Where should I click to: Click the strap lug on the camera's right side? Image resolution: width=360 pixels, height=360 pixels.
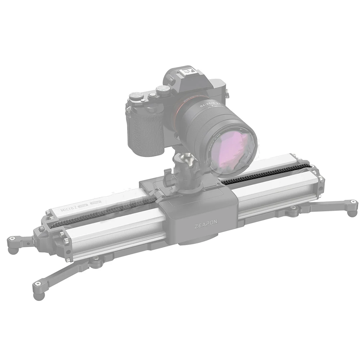(226, 94)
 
